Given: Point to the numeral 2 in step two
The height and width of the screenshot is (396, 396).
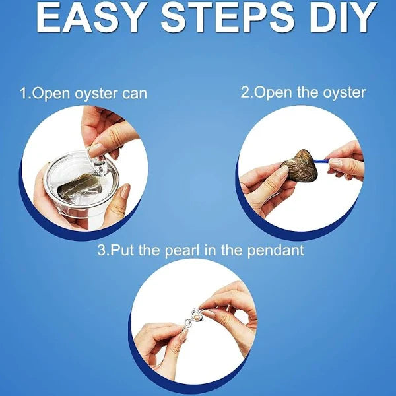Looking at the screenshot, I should pyautogui.click(x=244, y=93).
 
